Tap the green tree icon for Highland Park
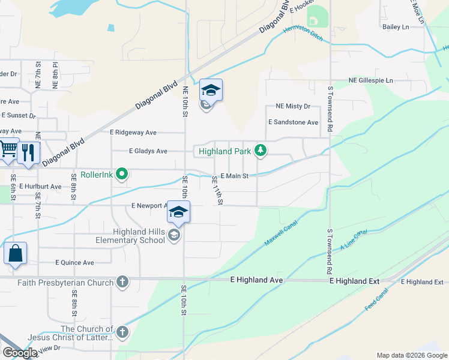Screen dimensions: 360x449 pos(260,150)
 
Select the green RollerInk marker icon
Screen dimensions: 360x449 pos(122,175)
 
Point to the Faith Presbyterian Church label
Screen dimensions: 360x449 pos(65,283)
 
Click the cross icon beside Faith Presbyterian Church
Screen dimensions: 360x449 pos(122,282)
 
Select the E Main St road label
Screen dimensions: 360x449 pos(234,176)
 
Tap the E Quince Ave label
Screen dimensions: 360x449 pos(75,262)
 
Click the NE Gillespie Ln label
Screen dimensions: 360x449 pos(371,80)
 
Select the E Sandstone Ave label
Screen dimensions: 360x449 pos(293,122)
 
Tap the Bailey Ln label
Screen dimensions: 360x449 pos(396,27)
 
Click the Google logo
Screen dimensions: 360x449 pos(20,353)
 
